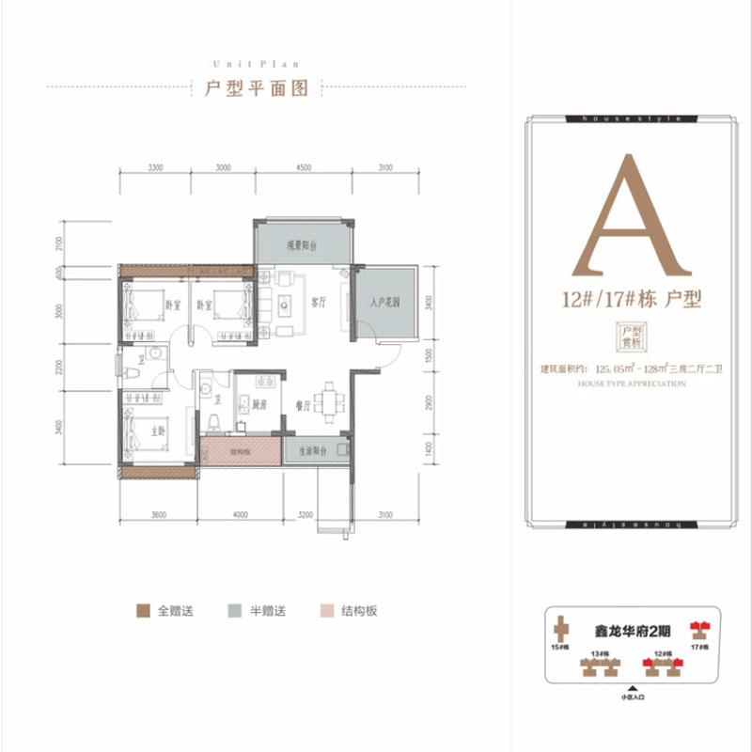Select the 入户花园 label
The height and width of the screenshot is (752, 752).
click(385, 303)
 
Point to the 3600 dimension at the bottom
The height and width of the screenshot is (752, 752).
click(158, 514)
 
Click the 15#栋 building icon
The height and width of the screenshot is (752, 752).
click(560, 628)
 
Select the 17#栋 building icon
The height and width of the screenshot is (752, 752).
click(698, 628)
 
